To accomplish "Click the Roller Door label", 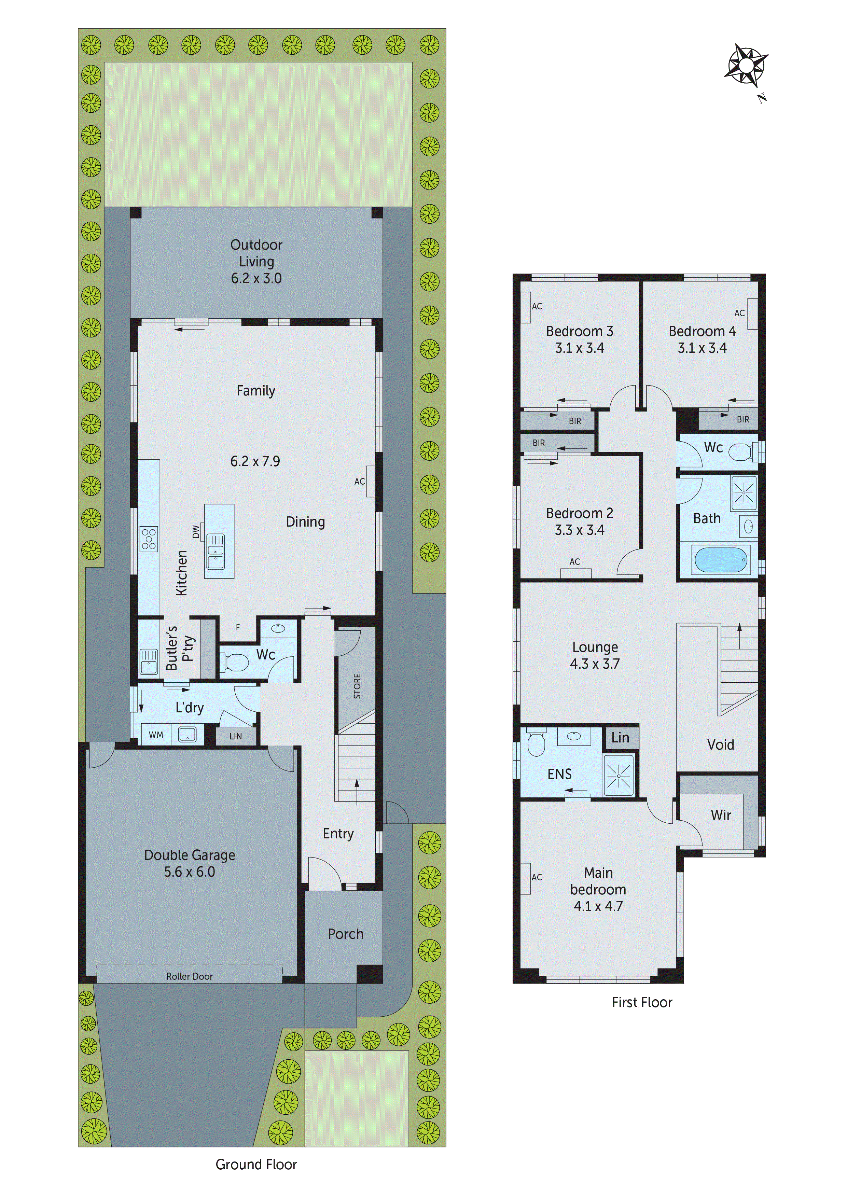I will tap(190, 976).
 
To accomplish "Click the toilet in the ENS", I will tap(536, 742).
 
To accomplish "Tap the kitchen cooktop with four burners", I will tap(149, 539).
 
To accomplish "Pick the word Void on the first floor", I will tap(720, 744).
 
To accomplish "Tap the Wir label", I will tap(721, 815).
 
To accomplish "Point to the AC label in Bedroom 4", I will tap(739, 313).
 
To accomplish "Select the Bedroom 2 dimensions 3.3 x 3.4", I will tap(579, 530).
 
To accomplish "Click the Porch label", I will tap(346, 934).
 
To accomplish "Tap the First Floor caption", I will tap(642, 1002).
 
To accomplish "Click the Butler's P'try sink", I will tap(149, 661).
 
